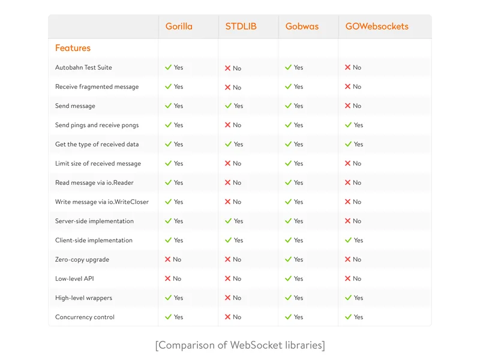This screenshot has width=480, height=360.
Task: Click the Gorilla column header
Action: pyautogui.click(x=179, y=26)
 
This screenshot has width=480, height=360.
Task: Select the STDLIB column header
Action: pyautogui.click(x=241, y=26)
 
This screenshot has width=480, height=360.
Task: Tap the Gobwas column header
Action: pyautogui.click(x=302, y=26)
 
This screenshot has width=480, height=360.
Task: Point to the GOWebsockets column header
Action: pyautogui.click(x=377, y=26)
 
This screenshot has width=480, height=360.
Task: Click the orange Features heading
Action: pyautogui.click(x=73, y=48)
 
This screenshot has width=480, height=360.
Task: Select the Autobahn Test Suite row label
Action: pyautogui.click(x=83, y=68)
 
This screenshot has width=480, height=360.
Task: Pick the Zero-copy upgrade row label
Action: pyautogui.click(x=82, y=260)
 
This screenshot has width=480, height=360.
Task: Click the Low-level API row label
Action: pyautogui.click(x=74, y=279)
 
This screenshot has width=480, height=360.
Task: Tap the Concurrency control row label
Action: pyautogui.click(x=85, y=317)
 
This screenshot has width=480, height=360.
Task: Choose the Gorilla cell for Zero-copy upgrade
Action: pyautogui.click(x=173, y=260)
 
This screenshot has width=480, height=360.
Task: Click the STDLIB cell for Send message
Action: pyautogui.click(x=234, y=106)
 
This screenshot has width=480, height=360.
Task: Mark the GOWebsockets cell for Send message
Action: pyautogui.click(x=353, y=106)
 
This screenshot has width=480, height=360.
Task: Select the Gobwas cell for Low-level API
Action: pyautogui.click(x=294, y=279)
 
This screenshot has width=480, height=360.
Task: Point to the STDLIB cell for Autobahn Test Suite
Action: pyautogui.click(x=233, y=68)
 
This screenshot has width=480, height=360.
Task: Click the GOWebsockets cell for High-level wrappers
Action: pyautogui.click(x=354, y=298)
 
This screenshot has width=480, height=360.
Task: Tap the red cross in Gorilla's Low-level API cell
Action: pyautogui.click(x=168, y=279)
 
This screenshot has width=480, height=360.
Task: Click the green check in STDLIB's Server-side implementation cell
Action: pyautogui.click(x=228, y=221)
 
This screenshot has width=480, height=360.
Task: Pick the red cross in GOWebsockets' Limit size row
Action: pyautogui.click(x=348, y=163)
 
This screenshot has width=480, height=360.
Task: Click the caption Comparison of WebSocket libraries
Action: pyautogui.click(x=240, y=345)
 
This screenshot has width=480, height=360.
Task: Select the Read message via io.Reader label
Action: pyautogui.click(x=94, y=183)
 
